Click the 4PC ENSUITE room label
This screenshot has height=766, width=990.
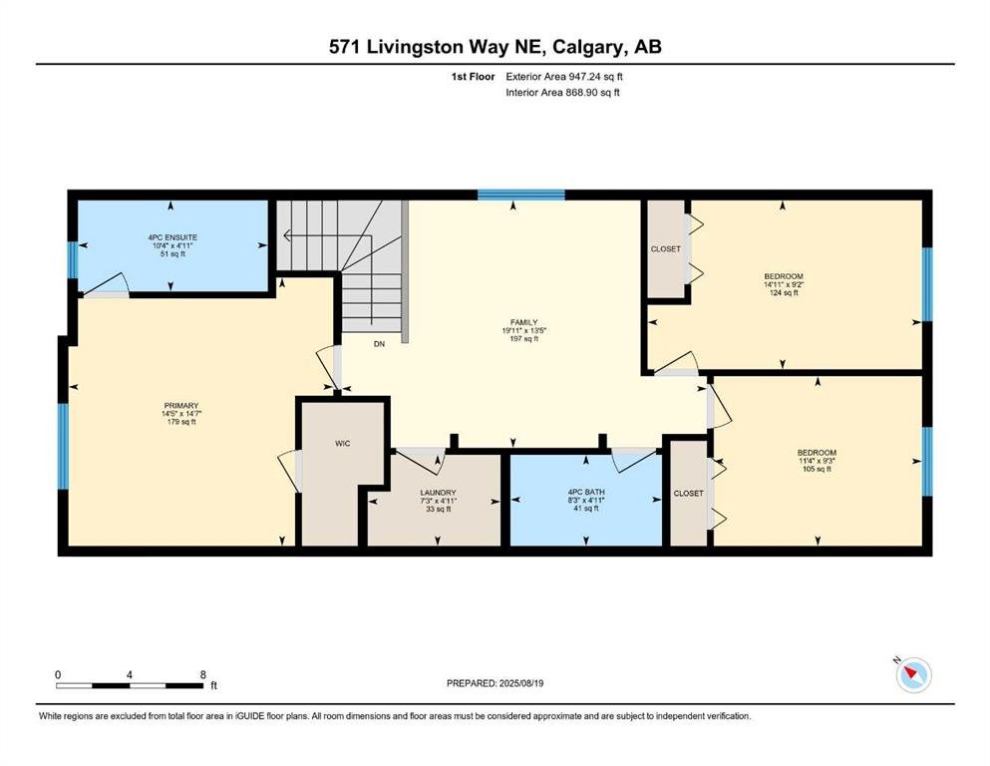click(x=172, y=237)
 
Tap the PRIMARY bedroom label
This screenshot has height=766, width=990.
click(x=181, y=405)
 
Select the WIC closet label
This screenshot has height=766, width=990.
click(x=342, y=443)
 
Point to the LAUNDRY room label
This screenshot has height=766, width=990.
click(x=439, y=493)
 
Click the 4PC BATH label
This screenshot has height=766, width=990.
click(x=586, y=492)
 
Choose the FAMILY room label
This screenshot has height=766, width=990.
click(x=524, y=322)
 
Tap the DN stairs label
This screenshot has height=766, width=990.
click(x=379, y=344)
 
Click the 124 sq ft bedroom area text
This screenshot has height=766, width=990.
click(x=784, y=292)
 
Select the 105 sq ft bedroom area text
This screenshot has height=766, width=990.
click(x=817, y=469)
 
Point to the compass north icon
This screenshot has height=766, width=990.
click(x=913, y=674)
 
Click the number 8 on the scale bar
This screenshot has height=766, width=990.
click(x=202, y=674)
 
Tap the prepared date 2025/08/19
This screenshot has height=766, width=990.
click(x=520, y=683)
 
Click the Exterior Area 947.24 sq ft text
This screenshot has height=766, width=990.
click(x=564, y=77)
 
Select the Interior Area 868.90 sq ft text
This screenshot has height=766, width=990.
click(x=562, y=92)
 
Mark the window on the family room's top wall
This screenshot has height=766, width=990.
click(x=520, y=194)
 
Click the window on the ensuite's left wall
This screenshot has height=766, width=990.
click(x=73, y=260)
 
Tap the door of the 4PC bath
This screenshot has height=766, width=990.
click(x=634, y=459)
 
